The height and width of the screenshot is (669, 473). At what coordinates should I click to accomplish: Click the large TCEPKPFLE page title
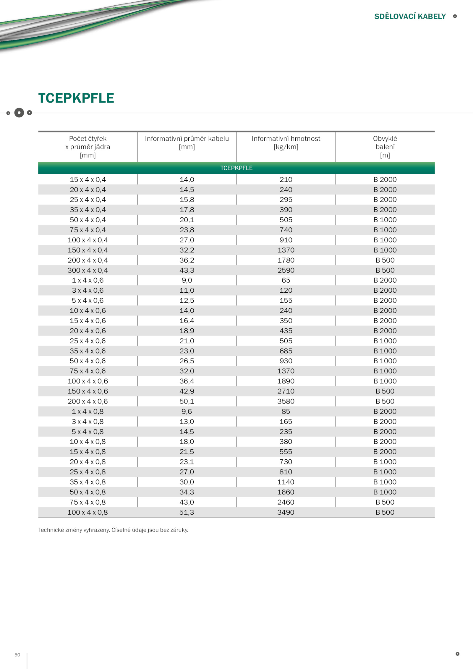point(76,98)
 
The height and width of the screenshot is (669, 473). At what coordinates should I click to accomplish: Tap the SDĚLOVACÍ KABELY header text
point(410,17)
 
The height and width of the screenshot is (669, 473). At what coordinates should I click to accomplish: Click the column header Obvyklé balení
point(385,147)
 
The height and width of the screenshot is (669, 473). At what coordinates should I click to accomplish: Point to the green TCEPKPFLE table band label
point(236,168)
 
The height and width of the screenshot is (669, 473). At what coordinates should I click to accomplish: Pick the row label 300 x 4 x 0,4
point(88,270)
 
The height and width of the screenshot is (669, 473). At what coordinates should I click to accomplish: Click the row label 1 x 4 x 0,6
point(88,280)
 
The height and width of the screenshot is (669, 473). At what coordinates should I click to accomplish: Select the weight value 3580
point(286,401)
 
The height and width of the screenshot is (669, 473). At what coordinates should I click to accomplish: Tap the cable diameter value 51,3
point(187,512)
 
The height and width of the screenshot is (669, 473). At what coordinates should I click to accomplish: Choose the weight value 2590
point(286,270)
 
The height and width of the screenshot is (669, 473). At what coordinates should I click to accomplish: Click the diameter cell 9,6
point(187,411)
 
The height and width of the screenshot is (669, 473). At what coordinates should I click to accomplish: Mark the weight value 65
point(286,280)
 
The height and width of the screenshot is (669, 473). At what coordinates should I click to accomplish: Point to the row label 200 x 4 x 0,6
point(88,401)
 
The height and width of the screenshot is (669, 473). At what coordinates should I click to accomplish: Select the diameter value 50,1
point(187,401)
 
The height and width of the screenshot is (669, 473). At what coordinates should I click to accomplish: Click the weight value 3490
point(286,512)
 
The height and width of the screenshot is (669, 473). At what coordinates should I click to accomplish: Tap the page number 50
point(17,655)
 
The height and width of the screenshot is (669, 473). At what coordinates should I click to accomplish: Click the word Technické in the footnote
point(51,530)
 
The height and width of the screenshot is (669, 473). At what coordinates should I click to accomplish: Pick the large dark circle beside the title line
point(19,113)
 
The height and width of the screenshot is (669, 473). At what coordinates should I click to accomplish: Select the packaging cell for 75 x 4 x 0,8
point(385,502)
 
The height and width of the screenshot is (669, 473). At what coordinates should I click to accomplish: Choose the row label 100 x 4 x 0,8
point(88,512)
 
